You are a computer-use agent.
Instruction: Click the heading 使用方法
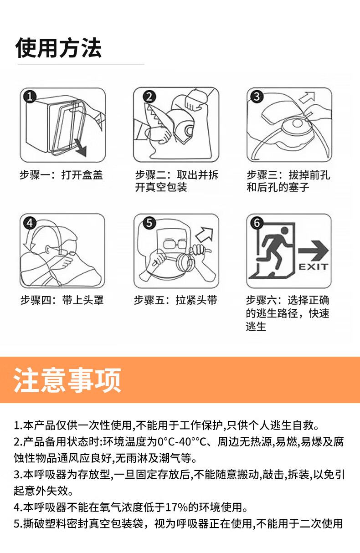tap(58, 48)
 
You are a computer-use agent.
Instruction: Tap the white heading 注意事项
tap(67, 380)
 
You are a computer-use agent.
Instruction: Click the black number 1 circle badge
tap(30, 97)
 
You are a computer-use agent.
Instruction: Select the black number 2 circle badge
tap(149, 96)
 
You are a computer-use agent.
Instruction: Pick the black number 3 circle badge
tap(257, 96)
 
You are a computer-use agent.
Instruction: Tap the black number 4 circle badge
tap(30, 223)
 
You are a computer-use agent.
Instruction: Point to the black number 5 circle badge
tap(149, 223)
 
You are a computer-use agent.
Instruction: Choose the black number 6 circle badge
tap(257, 223)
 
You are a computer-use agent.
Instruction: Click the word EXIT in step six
tap(313, 266)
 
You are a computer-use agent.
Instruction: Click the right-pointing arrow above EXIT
tap(314, 251)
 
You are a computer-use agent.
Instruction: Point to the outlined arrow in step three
tap(308, 97)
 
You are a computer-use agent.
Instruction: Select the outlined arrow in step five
tap(205, 234)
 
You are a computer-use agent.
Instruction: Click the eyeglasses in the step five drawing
tap(175, 243)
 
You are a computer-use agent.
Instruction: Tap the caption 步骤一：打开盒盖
tap(61, 175)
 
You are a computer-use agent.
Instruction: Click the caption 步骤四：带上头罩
tap(62, 300)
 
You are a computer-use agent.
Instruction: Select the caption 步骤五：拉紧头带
tap(175, 300)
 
